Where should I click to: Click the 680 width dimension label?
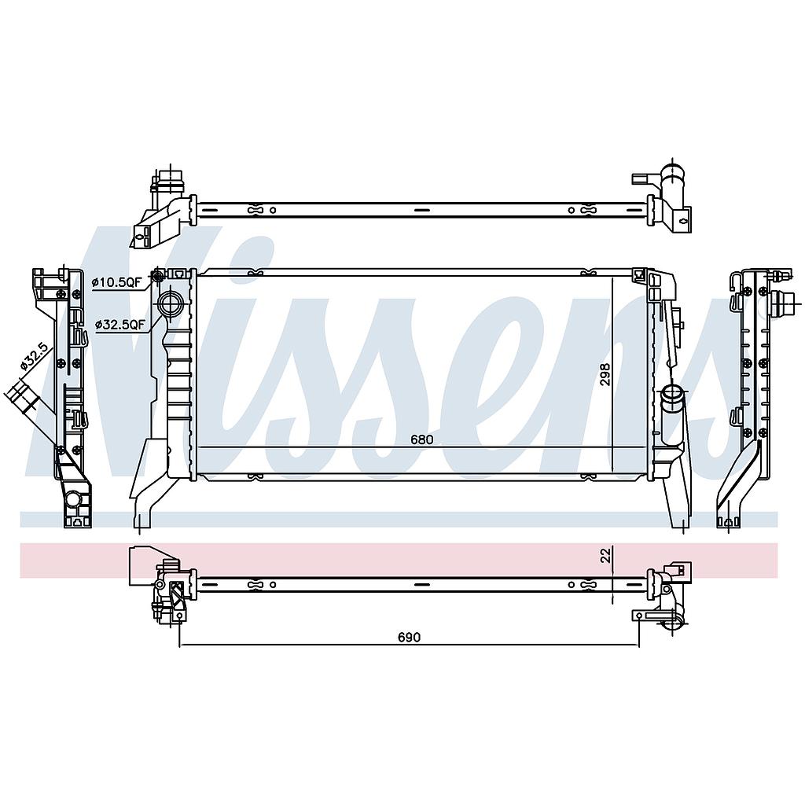click(421, 439)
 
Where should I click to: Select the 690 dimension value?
click(408, 637)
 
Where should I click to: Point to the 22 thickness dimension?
click(605, 555)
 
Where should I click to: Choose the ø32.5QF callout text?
click(120, 323)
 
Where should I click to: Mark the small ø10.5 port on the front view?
click(157, 276)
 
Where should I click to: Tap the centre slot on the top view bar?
click(421, 210)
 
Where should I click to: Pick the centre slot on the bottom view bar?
click(421, 584)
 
